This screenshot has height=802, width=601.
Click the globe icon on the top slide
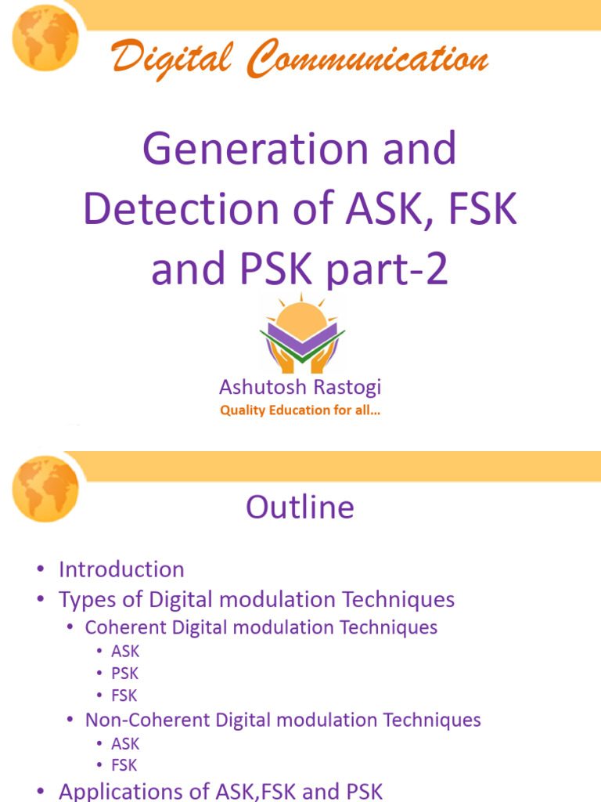click(45, 38)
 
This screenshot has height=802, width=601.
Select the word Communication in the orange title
click(367, 60)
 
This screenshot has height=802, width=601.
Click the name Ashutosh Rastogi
click(300, 387)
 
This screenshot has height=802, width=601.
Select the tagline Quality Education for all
click(300, 410)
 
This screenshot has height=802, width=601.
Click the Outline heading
click(300, 508)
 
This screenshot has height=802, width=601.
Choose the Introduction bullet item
click(121, 569)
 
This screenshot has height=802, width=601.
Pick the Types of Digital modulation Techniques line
click(256, 600)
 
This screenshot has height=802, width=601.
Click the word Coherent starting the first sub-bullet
click(121, 627)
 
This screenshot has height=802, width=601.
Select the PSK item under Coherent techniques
click(124, 673)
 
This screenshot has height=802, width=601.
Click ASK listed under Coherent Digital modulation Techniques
click(124, 651)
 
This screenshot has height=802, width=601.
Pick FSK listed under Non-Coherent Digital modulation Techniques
click(124, 764)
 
